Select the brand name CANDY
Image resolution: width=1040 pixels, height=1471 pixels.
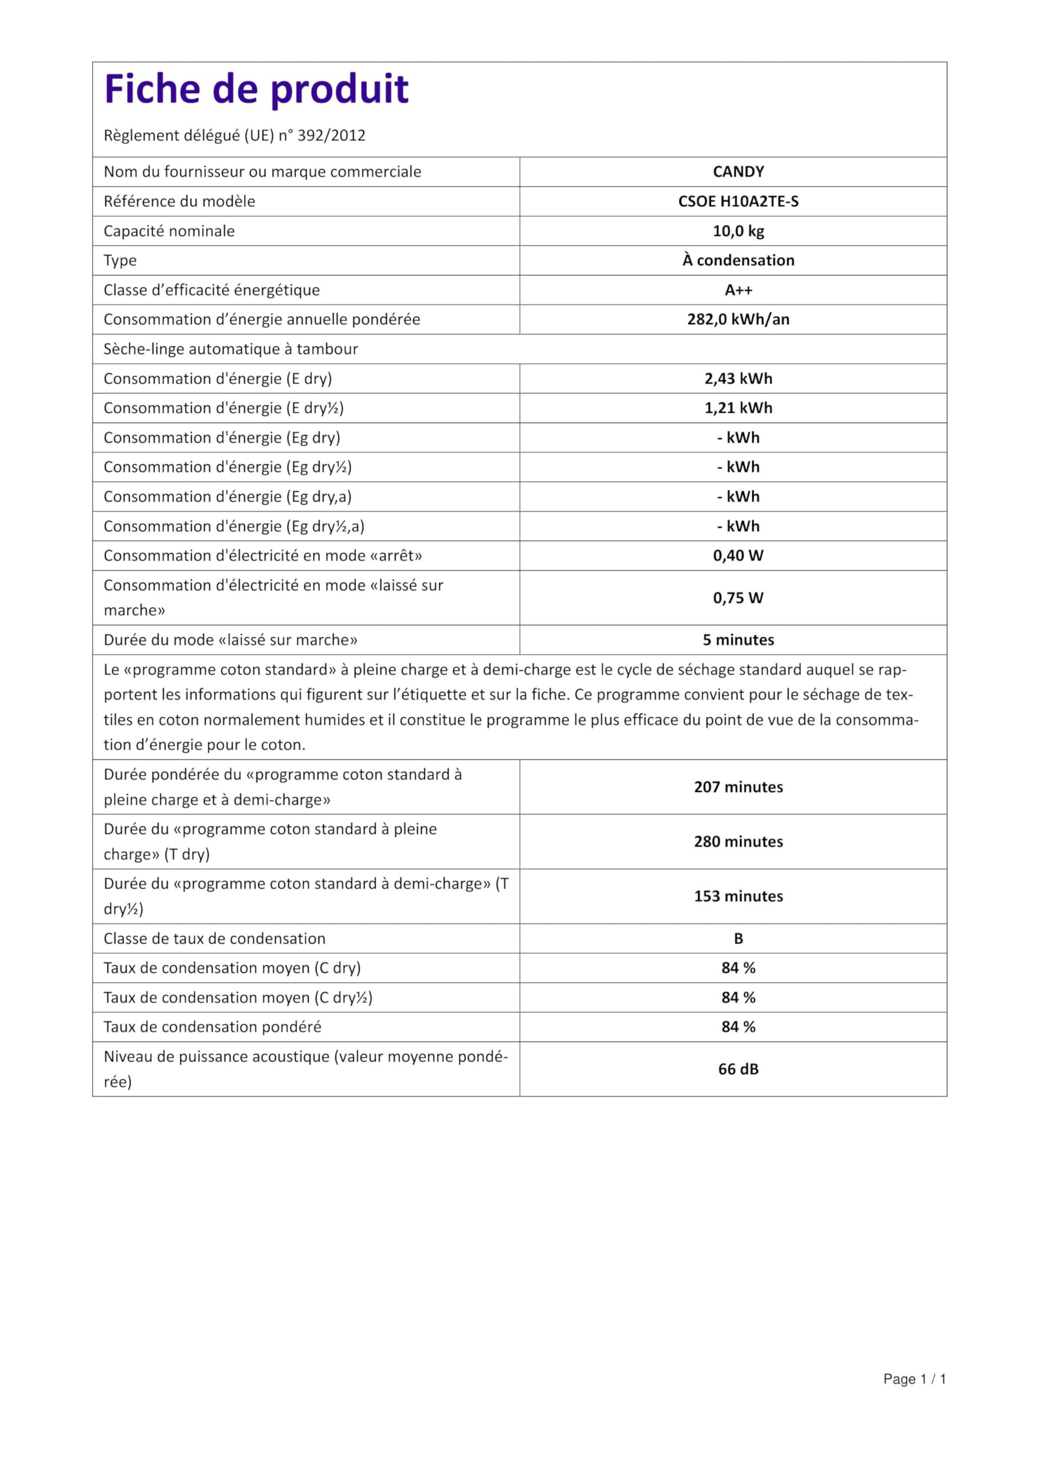(x=739, y=172)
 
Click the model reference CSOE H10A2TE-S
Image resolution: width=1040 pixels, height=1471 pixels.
(x=739, y=201)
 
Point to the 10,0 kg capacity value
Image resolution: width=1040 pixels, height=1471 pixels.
(x=739, y=230)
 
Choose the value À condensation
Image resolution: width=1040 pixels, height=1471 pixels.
(x=739, y=260)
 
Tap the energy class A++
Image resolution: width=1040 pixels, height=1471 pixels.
(x=739, y=290)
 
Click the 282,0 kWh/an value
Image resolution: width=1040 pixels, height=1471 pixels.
(x=739, y=319)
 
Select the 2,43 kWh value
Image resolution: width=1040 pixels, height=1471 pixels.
(x=739, y=379)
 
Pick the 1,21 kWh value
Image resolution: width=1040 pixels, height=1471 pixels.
(x=739, y=408)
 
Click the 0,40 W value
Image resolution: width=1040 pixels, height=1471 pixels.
(x=739, y=556)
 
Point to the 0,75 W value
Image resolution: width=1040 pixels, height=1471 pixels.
(x=739, y=598)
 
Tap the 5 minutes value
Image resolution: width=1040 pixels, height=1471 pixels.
(x=739, y=640)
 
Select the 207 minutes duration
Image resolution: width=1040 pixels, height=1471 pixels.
(x=739, y=787)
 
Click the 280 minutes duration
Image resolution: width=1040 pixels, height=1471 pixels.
(x=739, y=841)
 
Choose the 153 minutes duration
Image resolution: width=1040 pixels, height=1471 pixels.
(x=739, y=896)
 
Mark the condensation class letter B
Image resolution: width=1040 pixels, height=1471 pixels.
(x=739, y=938)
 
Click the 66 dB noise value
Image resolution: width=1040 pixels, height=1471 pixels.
(x=739, y=1069)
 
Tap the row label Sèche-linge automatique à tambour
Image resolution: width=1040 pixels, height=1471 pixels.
(x=230, y=349)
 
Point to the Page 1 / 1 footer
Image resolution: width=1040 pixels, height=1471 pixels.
(x=914, y=1397)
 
